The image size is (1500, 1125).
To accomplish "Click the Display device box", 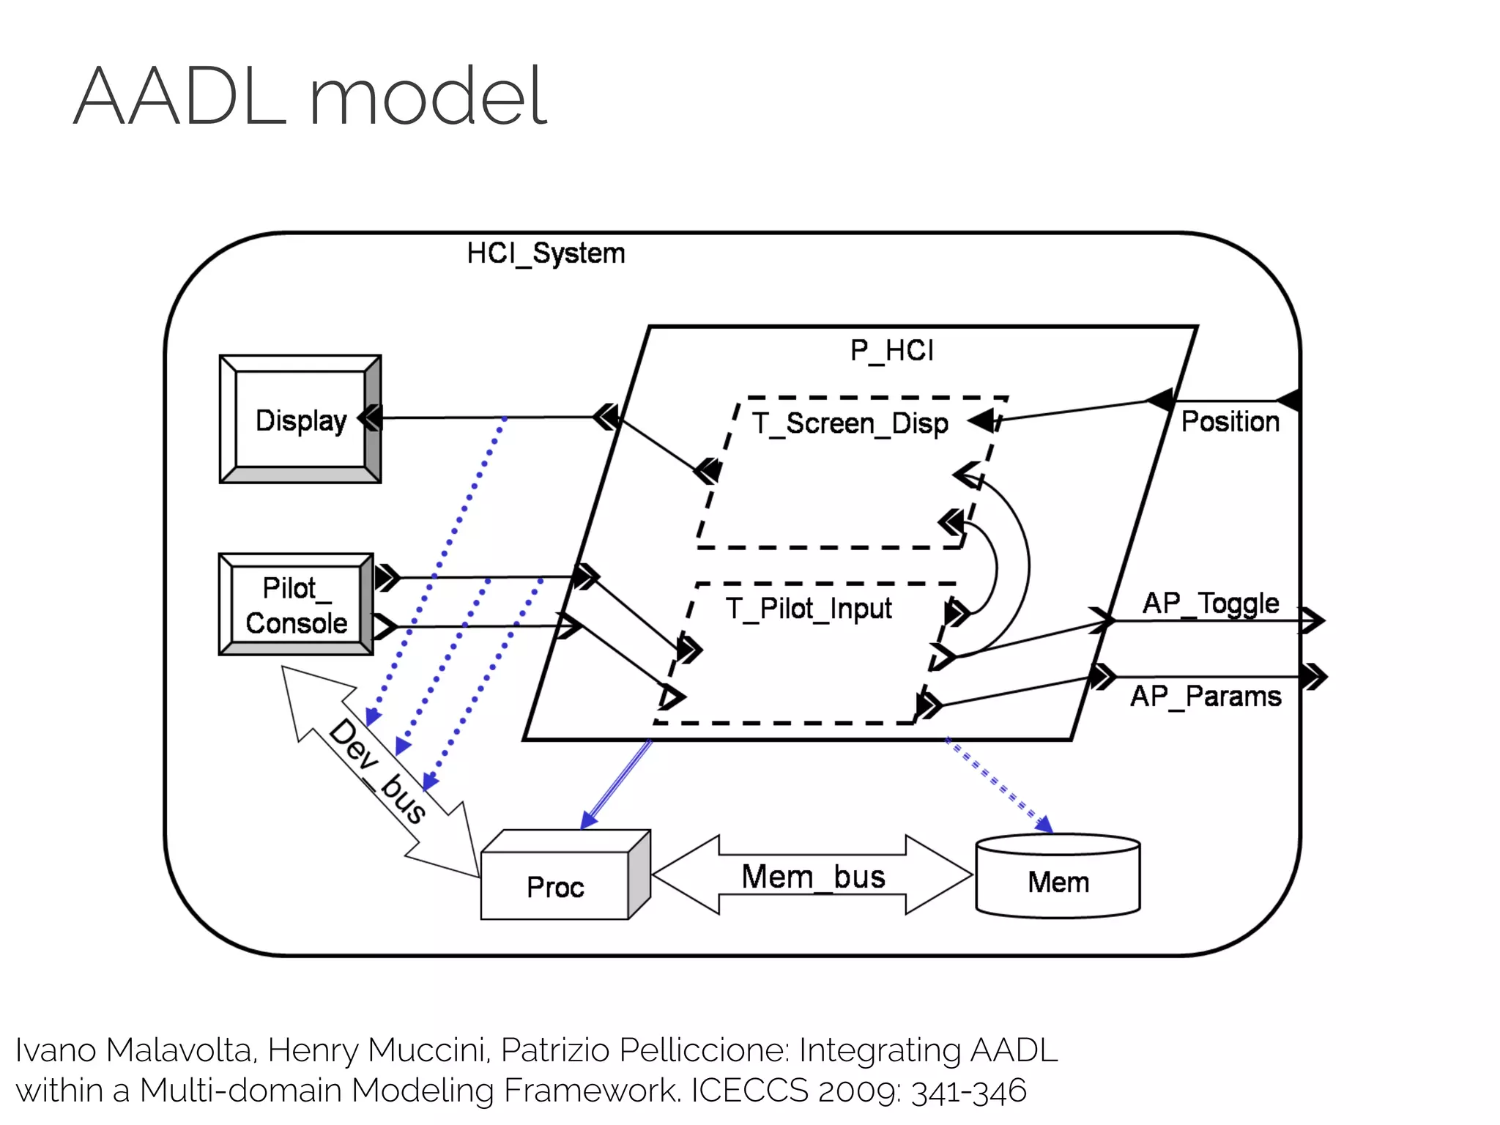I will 300,420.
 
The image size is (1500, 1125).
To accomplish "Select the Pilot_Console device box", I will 296,605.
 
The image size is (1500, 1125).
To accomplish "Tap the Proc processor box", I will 555,885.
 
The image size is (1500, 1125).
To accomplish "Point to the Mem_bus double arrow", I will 812,875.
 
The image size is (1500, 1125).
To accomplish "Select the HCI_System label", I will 546,253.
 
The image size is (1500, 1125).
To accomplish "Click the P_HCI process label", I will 891,351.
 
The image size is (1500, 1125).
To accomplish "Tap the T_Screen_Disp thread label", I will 850,423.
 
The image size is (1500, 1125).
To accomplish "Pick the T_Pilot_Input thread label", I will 809,609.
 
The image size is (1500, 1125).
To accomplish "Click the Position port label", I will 1230,422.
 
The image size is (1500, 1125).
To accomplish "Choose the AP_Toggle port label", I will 1210,604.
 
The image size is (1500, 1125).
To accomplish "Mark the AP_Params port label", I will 1206,696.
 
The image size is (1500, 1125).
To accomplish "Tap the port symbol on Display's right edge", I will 371,418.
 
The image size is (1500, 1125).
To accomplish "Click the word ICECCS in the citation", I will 749,1090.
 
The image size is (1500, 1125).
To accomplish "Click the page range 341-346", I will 968,1090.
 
